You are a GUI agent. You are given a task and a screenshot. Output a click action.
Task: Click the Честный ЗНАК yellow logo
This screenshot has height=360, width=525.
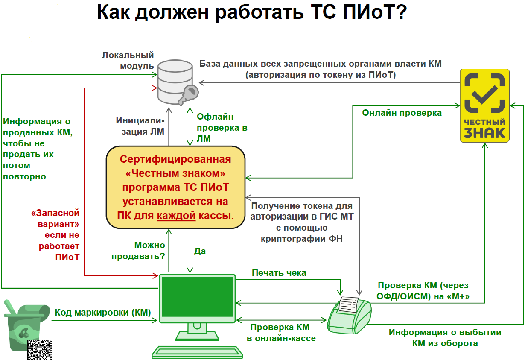click(x=484, y=105)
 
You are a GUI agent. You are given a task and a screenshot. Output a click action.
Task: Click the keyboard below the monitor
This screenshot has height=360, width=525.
click(x=198, y=351)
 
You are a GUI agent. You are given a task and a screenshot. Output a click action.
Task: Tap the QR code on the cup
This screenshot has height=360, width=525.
click(x=40, y=350)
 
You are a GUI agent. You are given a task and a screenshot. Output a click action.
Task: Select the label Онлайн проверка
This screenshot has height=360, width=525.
click(x=402, y=113)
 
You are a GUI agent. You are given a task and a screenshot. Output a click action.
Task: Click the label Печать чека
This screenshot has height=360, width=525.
click(x=279, y=272)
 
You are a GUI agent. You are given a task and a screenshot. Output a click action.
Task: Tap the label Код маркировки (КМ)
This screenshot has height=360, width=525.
click(x=103, y=312)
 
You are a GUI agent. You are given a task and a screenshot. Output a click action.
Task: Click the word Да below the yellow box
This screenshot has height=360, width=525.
click(x=200, y=251)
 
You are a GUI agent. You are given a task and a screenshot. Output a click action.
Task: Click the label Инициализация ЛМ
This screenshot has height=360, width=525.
click(x=140, y=126)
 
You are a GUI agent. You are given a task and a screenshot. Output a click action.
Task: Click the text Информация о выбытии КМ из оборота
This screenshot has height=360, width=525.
click(x=445, y=337)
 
